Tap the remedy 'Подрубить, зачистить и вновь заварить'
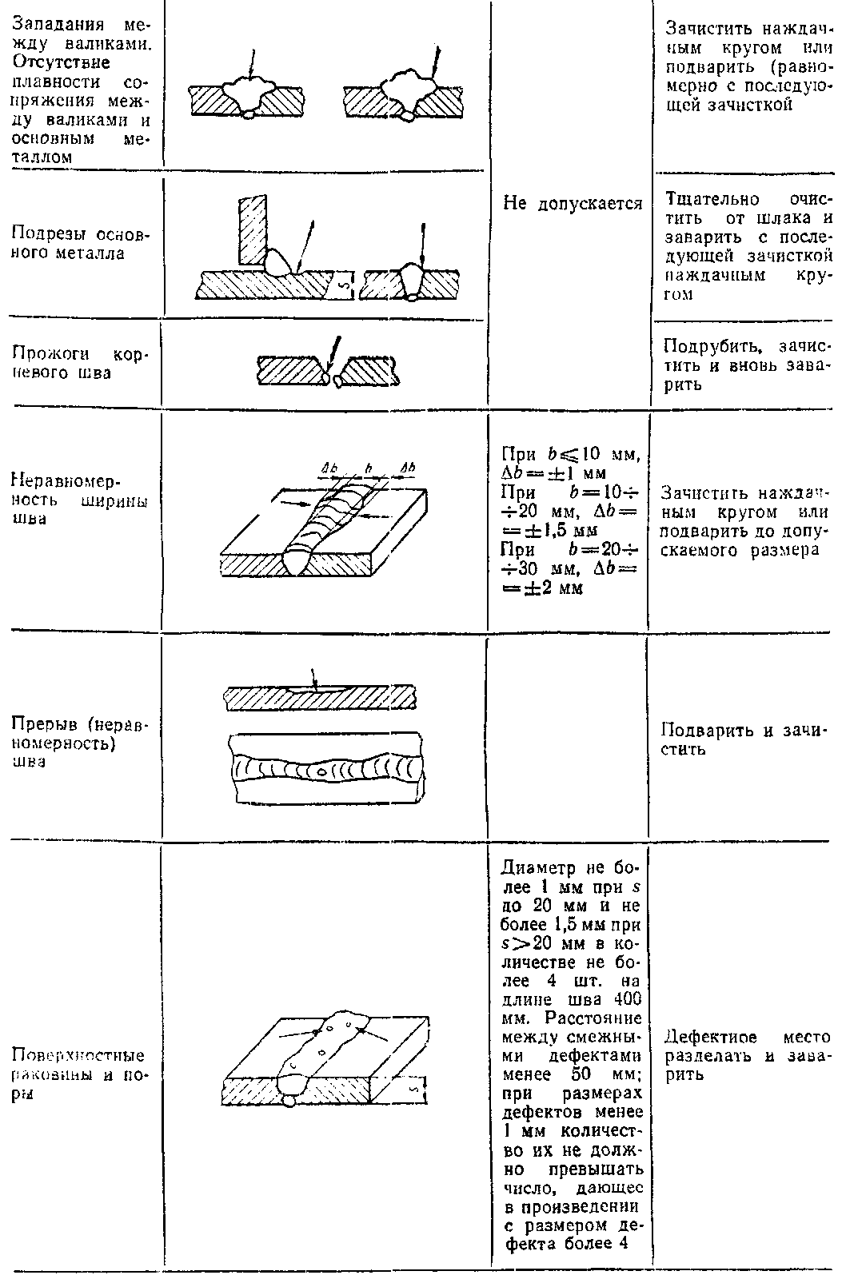[x=747, y=367]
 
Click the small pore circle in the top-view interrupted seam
[x=321, y=772]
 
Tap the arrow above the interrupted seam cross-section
[x=314, y=676]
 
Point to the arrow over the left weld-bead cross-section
[x=252, y=63]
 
